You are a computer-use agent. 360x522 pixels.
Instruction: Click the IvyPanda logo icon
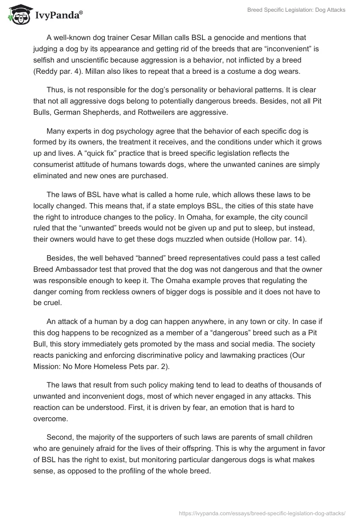click(x=18, y=15)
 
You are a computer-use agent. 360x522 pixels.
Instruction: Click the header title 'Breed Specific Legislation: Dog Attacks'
click(x=296, y=9)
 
